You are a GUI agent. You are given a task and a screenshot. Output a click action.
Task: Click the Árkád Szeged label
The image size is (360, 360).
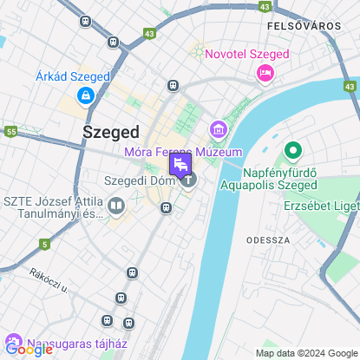pyautogui.click(x=73, y=76)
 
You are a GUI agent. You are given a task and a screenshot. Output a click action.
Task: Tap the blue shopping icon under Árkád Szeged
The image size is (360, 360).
pyautogui.click(x=85, y=95)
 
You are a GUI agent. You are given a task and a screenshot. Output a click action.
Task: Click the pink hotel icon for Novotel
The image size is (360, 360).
pyautogui.click(x=265, y=74)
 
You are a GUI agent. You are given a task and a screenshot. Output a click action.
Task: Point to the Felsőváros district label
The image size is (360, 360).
pyautogui.click(x=304, y=26)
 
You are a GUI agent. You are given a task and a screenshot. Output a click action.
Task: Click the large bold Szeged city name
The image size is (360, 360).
pyautogui.click(x=110, y=132)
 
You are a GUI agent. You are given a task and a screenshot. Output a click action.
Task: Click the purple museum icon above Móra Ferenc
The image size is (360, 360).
pyautogui.click(x=217, y=131)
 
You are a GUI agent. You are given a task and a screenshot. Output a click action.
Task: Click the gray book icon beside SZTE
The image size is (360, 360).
pyautogui.click(x=116, y=206)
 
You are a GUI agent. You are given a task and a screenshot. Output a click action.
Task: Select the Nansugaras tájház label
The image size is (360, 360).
pyautogui.click(x=70, y=342)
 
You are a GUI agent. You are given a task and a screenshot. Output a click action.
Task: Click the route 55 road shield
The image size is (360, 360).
pyautogui.click(x=11, y=131)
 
